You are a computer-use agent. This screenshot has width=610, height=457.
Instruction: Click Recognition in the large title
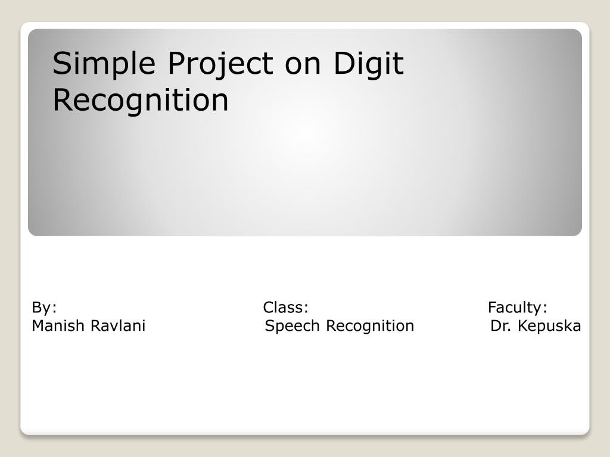click(x=141, y=101)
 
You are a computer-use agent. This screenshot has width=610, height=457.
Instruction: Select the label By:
click(x=44, y=308)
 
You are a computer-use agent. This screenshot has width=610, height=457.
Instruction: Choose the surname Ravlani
click(x=118, y=325)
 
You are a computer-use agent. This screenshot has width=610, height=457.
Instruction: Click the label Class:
click(x=285, y=308)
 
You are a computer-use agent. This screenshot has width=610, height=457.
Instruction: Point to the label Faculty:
click(x=518, y=308)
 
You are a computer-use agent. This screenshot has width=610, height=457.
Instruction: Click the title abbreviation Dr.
click(x=500, y=326)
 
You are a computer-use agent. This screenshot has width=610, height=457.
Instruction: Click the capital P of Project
click(x=176, y=63)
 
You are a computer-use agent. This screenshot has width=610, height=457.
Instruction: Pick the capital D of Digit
click(x=344, y=63)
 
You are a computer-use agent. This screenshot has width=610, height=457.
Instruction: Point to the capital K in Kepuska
click(x=522, y=326)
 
